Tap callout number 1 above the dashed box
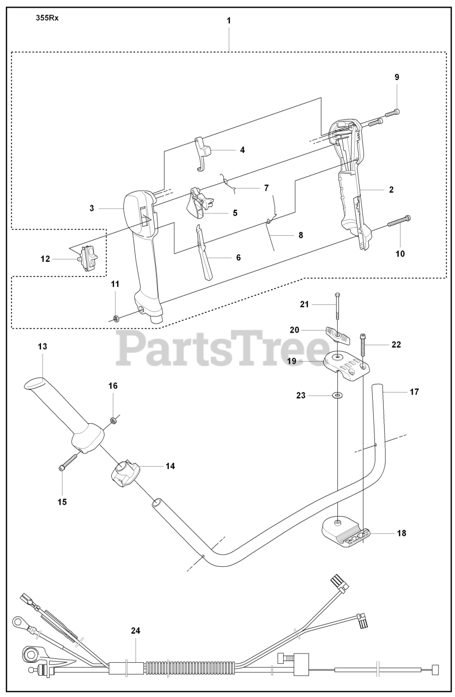point(229,20)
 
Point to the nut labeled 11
point(116,317)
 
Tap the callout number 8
point(300,235)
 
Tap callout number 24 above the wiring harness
point(135,631)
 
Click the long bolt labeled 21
point(338,310)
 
